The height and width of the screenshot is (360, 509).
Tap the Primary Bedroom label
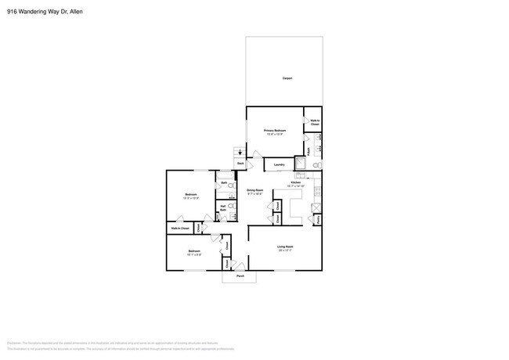click(274, 130)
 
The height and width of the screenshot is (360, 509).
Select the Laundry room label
click(279, 164)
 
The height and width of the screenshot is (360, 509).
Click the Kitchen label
click(295, 182)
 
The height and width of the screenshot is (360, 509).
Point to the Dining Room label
click(254, 190)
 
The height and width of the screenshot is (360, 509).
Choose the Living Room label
click(284, 247)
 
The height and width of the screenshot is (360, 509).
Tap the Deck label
click(241, 163)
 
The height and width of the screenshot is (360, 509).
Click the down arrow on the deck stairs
click(240, 153)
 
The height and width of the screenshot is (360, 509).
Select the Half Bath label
click(223, 208)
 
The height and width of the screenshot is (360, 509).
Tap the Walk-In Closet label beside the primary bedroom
click(314, 122)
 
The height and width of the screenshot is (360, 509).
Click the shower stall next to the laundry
click(299, 164)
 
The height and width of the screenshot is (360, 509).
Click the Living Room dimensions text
click(284, 251)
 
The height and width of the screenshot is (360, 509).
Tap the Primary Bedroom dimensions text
click(274, 134)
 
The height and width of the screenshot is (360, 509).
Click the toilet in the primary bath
click(315, 166)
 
